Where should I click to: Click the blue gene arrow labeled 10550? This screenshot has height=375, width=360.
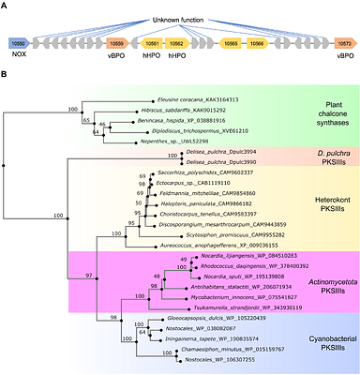tap(19, 43)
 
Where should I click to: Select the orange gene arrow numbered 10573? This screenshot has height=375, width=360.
tap(343, 43)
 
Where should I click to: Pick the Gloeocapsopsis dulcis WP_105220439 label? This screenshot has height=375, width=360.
tap(238, 320)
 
